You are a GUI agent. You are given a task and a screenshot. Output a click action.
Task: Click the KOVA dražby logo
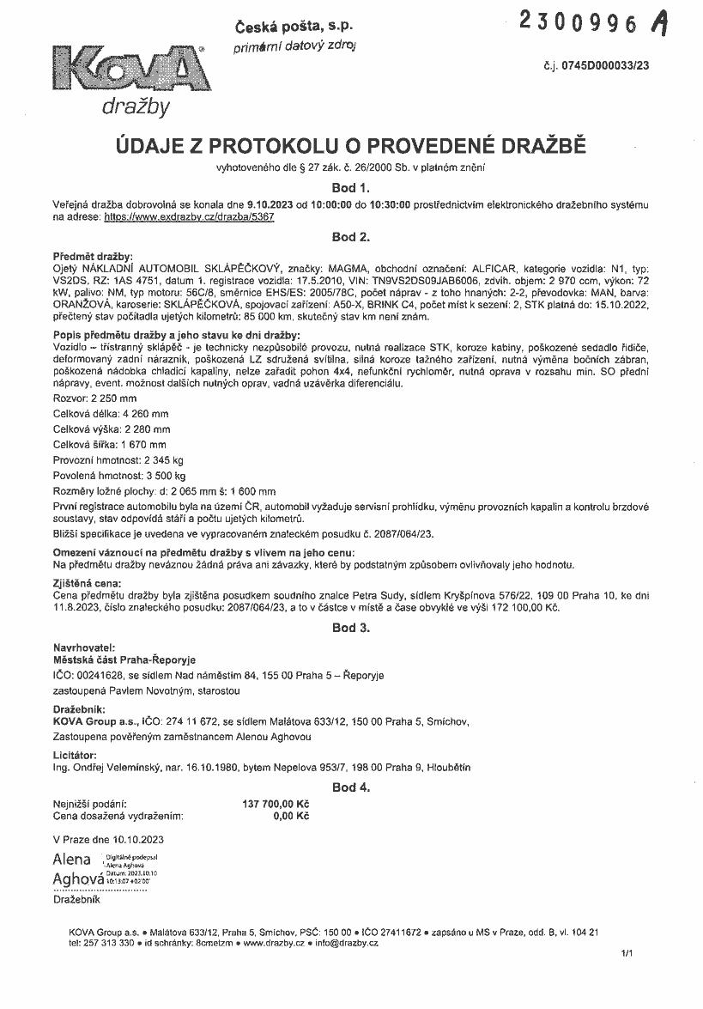128,78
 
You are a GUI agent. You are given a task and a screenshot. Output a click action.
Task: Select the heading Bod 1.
350,186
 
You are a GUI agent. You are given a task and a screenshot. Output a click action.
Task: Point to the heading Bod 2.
350,236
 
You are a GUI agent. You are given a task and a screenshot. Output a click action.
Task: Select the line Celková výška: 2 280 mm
112,429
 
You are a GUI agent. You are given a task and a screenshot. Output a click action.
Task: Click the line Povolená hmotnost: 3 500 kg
119,475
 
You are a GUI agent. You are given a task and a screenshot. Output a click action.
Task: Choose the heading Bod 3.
350,628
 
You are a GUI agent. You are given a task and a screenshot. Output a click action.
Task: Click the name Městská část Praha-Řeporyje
124,660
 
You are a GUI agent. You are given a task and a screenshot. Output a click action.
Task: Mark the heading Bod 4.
350,787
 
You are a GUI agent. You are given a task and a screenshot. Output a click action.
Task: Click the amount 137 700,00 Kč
276,804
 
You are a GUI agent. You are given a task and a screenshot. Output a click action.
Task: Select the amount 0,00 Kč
291,817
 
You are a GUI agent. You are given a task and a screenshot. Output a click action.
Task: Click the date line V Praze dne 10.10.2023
108,839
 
